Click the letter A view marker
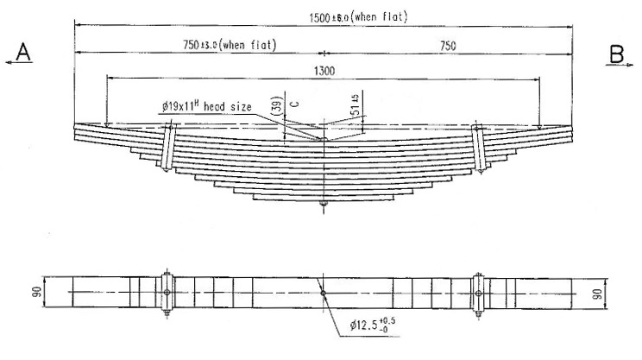(23, 54)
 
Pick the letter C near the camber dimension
(294, 104)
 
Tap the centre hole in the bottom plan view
(324, 293)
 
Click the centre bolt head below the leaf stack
(324, 205)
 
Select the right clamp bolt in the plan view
(477, 293)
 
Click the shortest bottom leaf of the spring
(324, 197)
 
